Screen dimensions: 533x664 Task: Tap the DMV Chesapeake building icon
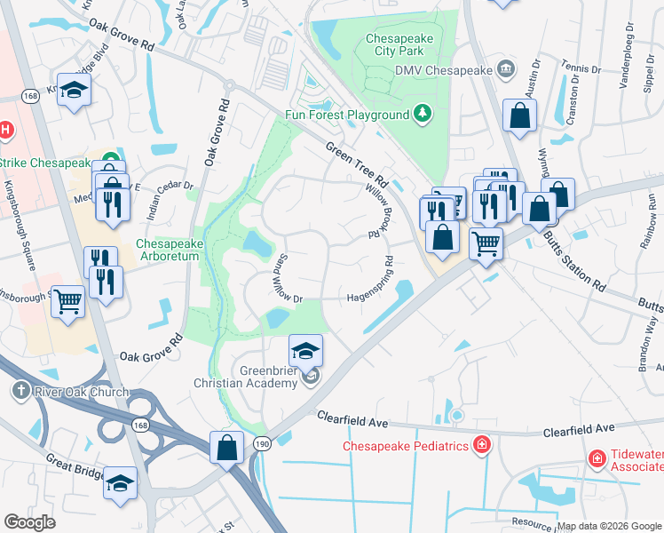pos(506,69)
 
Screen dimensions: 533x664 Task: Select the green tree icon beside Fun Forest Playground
pos(423,114)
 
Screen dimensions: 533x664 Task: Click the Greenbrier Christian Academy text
pos(246,377)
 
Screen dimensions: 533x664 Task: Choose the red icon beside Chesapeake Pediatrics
pos(482,445)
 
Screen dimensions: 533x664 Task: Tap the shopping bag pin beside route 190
pos(227,446)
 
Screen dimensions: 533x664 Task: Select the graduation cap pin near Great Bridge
pos(120,482)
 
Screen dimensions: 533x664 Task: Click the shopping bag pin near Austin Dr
pos(519,115)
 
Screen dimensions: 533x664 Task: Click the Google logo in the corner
pos(30,521)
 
